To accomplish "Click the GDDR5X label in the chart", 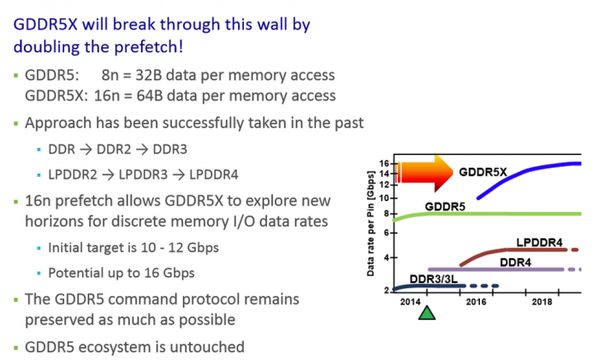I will point(483,171).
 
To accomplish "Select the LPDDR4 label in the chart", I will point(539,242).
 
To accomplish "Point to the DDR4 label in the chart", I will point(519,260).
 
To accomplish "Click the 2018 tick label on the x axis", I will point(541,301).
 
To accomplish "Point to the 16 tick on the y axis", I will point(384,163).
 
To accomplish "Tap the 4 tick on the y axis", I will point(387,257).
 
